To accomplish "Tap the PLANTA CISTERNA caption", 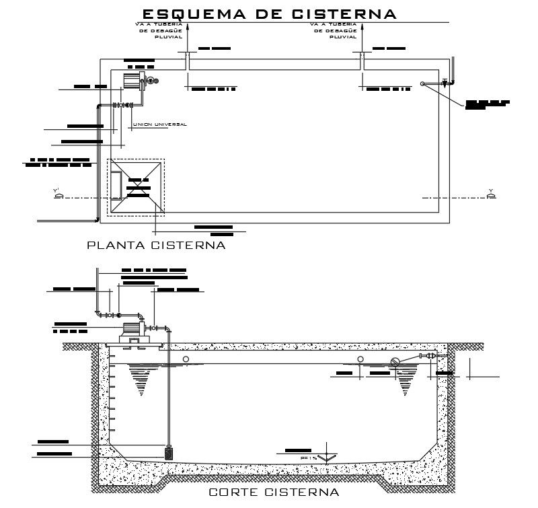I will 156,246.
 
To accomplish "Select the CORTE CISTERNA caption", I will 274,493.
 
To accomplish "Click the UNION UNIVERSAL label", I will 159,124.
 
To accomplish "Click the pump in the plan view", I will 131,81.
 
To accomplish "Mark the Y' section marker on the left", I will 59,194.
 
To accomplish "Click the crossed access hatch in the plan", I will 136,187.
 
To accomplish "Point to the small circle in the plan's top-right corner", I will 422,83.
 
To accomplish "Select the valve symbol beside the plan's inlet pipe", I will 445,83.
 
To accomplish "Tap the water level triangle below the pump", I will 141,380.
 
